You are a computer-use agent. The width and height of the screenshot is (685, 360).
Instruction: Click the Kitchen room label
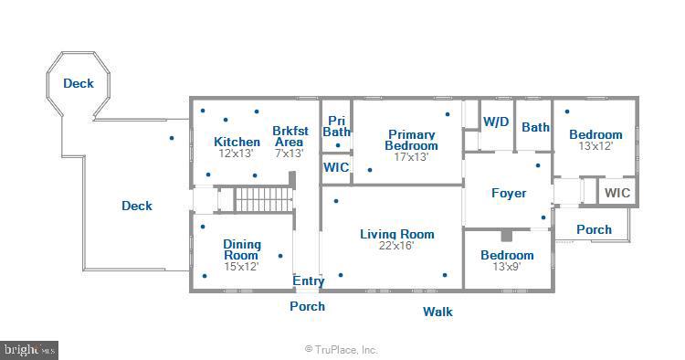pyautogui.click(x=237, y=142)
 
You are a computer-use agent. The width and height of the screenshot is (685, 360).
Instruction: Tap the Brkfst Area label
pyautogui.click(x=290, y=136)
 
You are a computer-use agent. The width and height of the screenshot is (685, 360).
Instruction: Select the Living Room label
pyautogui.click(x=397, y=234)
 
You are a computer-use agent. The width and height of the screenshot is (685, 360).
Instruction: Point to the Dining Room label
pyautogui.click(x=242, y=250)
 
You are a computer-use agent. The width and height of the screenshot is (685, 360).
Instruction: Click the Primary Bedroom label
pyautogui.click(x=411, y=140)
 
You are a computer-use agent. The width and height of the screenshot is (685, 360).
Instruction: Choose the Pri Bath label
pyautogui.click(x=336, y=126)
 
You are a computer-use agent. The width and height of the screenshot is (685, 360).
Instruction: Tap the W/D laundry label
pyautogui.click(x=496, y=122)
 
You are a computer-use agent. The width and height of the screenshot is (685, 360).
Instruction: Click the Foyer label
pyautogui.click(x=509, y=193)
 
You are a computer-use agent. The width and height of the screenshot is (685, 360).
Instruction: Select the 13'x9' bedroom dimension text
pyautogui.click(x=507, y=267)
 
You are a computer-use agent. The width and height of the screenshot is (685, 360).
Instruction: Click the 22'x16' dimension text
pyautogui.click(x=395, y=246)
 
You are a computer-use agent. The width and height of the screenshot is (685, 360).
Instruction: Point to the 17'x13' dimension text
pyautogui.click(x=411, y=157)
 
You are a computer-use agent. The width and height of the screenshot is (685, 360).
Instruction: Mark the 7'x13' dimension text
pyautogui.click(x=290, y=154)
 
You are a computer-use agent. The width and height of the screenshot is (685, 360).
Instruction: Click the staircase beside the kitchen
pyautogui.click(x=263, y=200)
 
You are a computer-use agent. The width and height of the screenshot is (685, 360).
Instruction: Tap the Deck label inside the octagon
pyautogui.click(x=79, y=83)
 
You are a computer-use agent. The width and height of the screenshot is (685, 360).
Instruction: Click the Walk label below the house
pyautogui.click(x=437, y=312)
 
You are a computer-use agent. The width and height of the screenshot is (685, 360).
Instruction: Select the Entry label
pyautogui.click(x=309, y=281)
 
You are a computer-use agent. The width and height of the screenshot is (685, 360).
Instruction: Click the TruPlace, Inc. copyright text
pyautogui.click(x=341, y=350)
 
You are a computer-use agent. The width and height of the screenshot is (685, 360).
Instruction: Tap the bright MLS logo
pyautogui.click(x=29, y=350)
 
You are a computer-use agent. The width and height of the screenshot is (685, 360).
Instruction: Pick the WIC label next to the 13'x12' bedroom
pyautogui.click(x=617, y=193)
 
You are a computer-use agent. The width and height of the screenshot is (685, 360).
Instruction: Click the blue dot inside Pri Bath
pyautogui.click(x=338, y=145)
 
